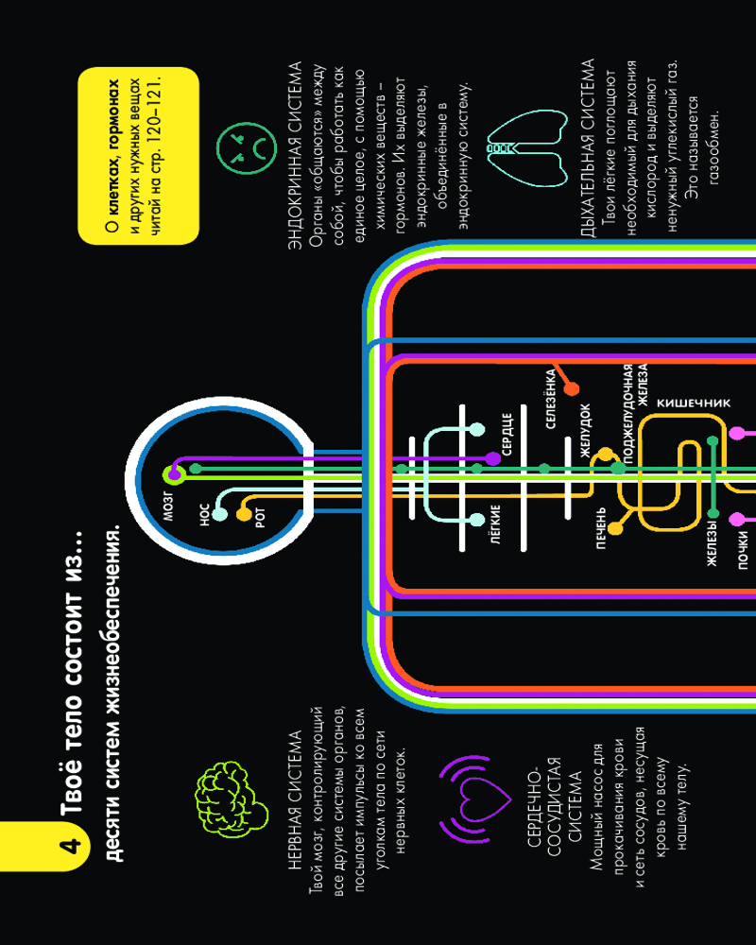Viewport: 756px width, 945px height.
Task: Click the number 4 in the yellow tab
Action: [x=71, y=846]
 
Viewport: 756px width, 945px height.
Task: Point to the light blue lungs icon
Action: [x=527, y=147]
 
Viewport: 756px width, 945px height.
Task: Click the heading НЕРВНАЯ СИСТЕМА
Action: [x=295, y=800]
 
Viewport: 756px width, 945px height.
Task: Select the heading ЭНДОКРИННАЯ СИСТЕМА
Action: [x=295, y=156]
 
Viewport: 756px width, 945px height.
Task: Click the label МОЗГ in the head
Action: [x=168, y=505]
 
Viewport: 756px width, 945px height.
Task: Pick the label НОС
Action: [x=204, y=515]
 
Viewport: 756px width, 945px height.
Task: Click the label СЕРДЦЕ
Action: [x=507, y=434]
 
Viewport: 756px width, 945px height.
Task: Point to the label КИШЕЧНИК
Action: [x=694, y=404]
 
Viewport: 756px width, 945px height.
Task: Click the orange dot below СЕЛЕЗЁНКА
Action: [x=571, y=388]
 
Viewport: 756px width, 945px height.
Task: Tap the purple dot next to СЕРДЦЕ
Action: [x=493, y=458]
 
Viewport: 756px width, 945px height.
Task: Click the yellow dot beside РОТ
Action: [x=244, y=514]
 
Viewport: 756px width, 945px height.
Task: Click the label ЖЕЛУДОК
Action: [x=585, y=430]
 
